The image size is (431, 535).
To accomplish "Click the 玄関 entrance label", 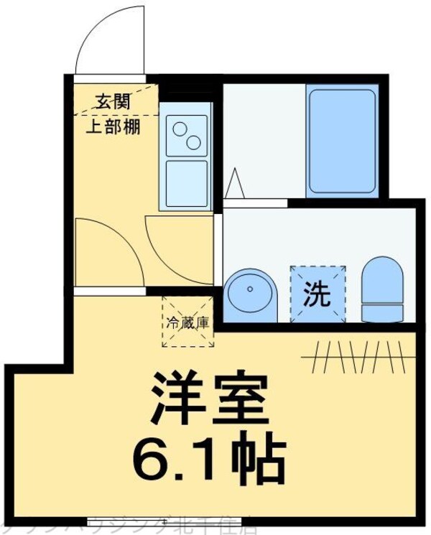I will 113,102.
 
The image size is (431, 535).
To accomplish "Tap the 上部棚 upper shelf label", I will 113,127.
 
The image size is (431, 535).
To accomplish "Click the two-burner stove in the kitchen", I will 186,136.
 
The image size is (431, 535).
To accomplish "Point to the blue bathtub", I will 341,141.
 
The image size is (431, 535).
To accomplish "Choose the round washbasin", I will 249,294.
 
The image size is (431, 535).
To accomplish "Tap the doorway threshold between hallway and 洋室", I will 108,291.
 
